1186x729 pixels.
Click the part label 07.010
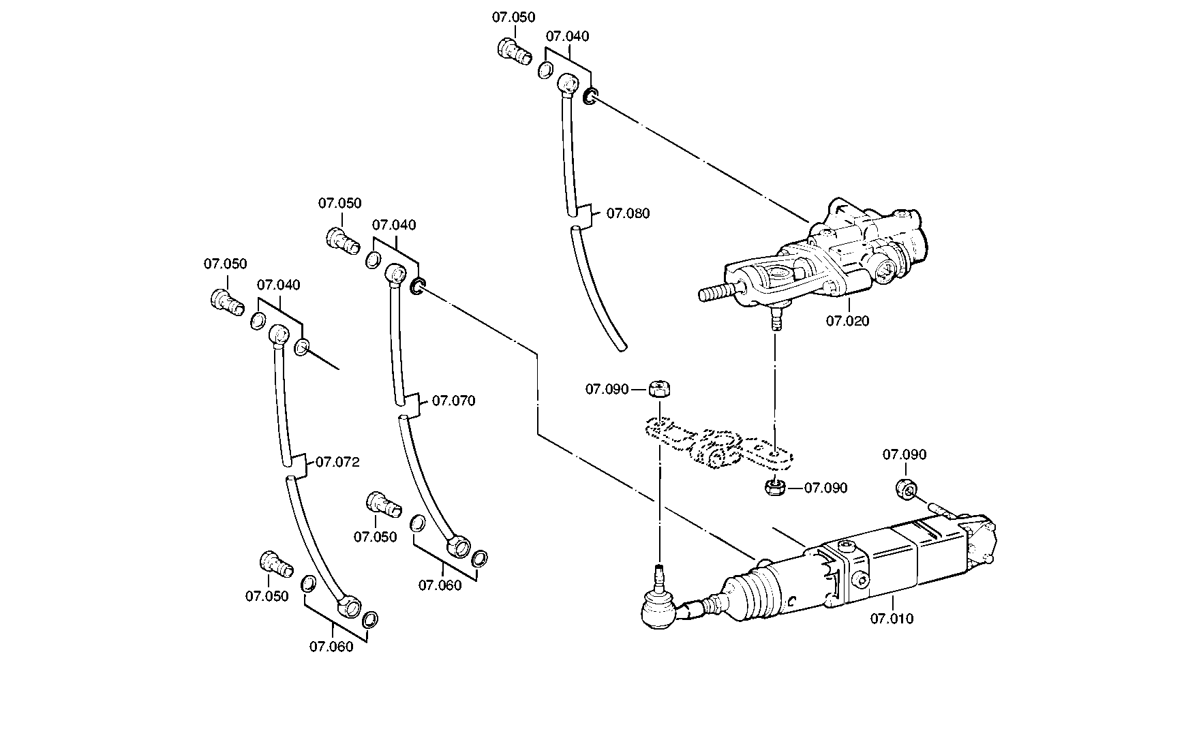tap(892, 619)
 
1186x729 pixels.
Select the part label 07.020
tap(848, 320)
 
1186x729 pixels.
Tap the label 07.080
tap(628, 213)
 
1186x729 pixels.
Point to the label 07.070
tap(454, 401)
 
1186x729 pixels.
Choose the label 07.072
tap(338, 462)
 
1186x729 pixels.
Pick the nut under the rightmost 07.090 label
tap(905, 488)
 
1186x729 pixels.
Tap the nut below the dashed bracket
tap(774, 488)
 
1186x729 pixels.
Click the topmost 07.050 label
tap(514, 17)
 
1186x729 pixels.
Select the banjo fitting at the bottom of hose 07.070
tap(459, 546)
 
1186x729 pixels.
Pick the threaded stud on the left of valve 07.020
tap(717, 293)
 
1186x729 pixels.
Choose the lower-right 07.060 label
tap(440, 585)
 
